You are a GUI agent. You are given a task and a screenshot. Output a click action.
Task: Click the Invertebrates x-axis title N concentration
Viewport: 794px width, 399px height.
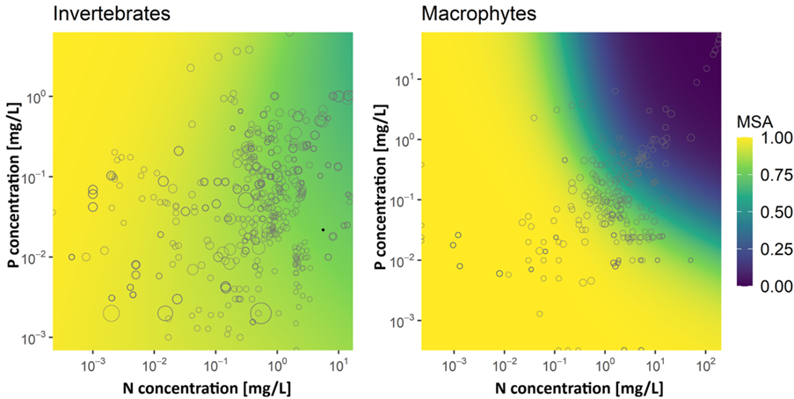click(x=203, y=387)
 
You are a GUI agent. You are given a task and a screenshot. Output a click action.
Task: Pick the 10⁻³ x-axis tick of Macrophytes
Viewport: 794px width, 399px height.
click(x=453, y=362)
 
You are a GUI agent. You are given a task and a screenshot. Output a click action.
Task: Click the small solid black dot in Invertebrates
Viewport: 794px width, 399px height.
click(x=323, y=229)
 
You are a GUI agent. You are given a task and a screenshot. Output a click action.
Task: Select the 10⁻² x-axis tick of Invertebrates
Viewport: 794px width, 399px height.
click(x=154, y=362)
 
